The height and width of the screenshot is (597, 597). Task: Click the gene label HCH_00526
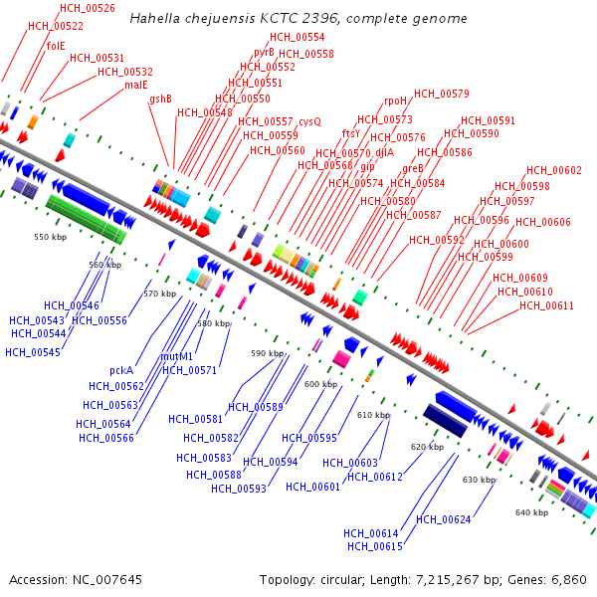coord(88,8)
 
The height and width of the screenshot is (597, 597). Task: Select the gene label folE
coord(56,46)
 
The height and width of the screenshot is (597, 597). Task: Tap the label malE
coord(136,85)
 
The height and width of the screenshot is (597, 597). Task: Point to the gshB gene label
coord(161,99)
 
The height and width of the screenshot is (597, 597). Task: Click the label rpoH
coord(396,100)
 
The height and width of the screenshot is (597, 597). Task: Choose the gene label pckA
coord(121,370)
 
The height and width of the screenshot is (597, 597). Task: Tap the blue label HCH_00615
coord(374,546)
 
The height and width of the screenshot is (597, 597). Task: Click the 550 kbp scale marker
coord(49,238)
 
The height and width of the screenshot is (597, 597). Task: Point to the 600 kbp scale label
coord(320,384)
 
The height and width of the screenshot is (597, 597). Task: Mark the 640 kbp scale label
coord(531,512)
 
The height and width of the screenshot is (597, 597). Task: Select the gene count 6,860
coord(568,579)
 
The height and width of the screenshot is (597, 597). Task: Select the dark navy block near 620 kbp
coord(445,421)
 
